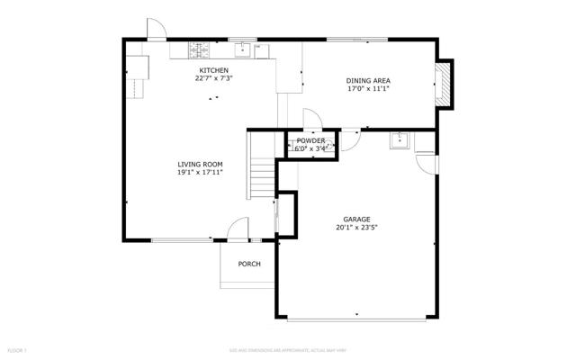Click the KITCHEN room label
(214, 70)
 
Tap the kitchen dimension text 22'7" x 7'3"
(214, 78)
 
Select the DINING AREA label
(368, 81)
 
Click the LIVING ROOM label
(200, 164)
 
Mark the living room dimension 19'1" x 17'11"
(200, 172)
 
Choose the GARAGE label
(356, 219)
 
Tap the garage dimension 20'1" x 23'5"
(356, 228)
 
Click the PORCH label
(249, 264)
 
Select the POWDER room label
(310, 140)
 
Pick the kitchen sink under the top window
(243, 49)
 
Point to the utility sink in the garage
(399, 140)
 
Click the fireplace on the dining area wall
(445, 84)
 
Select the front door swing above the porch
(237, 230)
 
